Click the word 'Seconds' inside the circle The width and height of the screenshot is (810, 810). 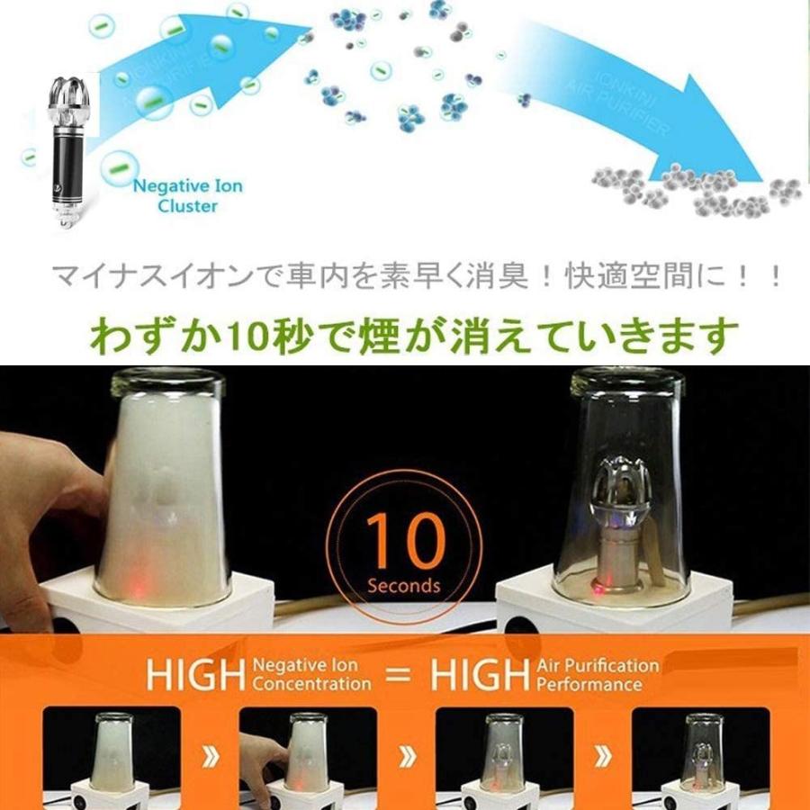[404, 586]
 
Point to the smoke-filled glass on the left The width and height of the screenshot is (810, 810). [166, 490]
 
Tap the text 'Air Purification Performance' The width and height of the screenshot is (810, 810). [597, 675]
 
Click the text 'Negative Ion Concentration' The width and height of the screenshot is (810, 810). [311, 675]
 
